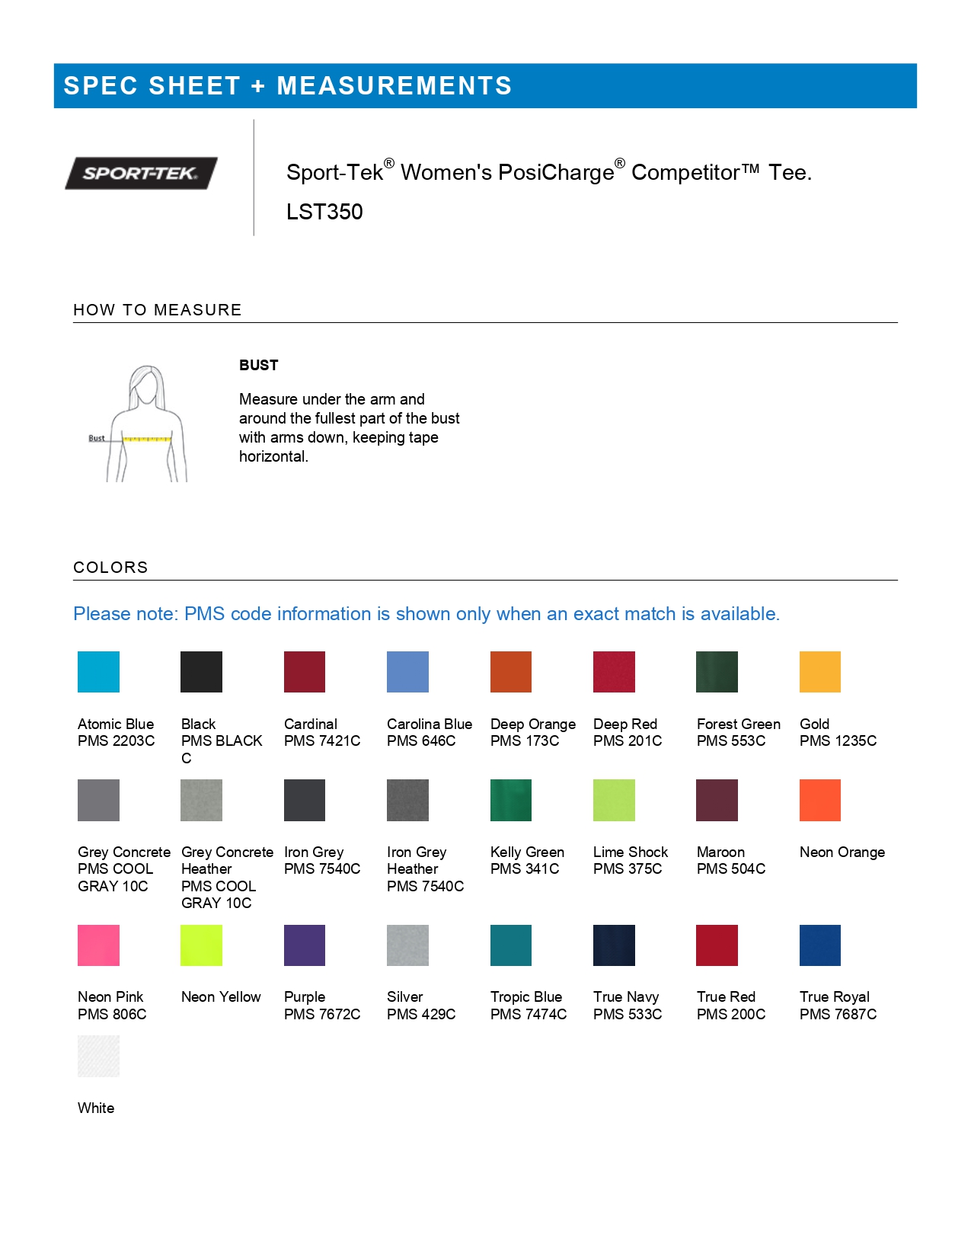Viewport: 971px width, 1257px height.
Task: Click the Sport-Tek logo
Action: (141, 173)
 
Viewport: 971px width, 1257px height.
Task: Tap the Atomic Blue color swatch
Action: (98, 672)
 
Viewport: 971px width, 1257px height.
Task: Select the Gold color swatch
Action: (819, 672)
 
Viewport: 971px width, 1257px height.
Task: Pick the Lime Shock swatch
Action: (614, 800)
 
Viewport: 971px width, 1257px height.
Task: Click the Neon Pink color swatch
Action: (98, 945)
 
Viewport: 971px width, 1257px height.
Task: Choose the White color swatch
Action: (98, 1056)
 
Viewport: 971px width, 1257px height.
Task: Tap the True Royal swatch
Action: (819, 945)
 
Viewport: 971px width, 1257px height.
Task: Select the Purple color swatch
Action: (305, 945)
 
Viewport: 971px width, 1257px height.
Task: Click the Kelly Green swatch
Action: (511, 800)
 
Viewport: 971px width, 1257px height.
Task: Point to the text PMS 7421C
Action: (322, 740)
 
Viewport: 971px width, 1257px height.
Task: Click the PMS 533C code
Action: (628, 1014)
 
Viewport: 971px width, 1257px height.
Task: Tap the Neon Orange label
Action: (842, 852)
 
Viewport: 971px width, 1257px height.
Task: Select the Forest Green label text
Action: (739, 724)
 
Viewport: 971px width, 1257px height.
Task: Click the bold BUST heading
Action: (259, 365)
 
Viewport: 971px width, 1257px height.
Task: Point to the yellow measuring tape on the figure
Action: (147, 439)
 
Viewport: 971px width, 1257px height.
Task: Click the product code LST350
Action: (324, 212)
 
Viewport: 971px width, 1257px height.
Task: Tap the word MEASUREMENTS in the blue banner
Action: (394, 86)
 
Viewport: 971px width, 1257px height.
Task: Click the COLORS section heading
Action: (110, 568)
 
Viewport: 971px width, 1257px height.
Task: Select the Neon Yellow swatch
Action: (201, 945)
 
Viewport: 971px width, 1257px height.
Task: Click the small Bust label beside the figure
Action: (97, 438)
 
